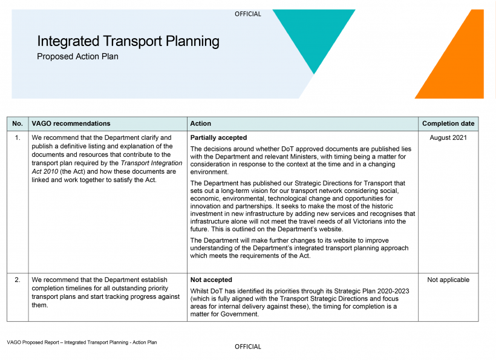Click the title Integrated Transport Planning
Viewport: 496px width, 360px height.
click(128, 41)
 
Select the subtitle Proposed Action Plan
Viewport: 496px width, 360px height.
click(77, 57)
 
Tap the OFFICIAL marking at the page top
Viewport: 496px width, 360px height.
click(248, 14)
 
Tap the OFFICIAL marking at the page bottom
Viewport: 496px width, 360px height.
click(248, 347)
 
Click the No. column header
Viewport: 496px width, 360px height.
click(18, 123)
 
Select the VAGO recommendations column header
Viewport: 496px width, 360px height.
click(71, 123)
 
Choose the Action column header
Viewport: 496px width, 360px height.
click(201, 123)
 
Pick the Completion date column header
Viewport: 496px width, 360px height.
click(448, 123)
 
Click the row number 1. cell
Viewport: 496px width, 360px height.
click(18, 138)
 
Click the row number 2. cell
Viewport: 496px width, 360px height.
click(18, 280)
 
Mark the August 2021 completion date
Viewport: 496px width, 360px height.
click(448, 138)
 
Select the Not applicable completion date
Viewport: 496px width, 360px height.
click(448, 280)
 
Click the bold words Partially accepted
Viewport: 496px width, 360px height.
click(218, 138)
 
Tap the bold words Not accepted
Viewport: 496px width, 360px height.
click(211, 280)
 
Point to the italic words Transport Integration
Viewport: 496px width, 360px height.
click(151, 163)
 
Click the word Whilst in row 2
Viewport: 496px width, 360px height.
click(200, 291)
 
